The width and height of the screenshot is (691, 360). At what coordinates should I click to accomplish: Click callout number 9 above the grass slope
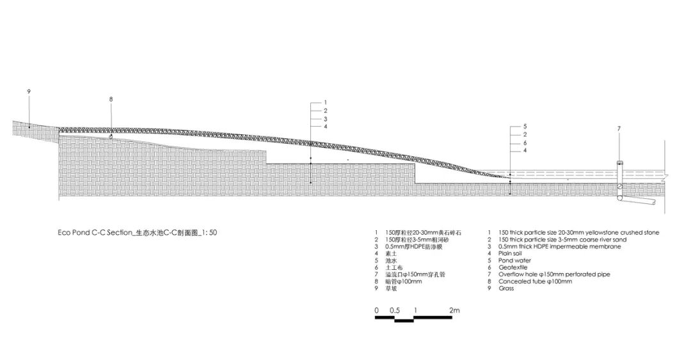point(29,92)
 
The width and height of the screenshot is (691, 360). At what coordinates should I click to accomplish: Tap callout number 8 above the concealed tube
point(111,99)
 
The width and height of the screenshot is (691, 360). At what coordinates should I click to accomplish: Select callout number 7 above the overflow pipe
point(619,129)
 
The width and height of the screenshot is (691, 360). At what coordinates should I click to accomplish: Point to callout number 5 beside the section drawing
point(525,127)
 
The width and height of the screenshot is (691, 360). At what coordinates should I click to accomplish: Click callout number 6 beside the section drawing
point(525,143)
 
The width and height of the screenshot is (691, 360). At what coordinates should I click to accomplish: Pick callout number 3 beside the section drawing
point(325,118)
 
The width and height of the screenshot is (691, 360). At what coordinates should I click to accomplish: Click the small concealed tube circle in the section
point(111,137)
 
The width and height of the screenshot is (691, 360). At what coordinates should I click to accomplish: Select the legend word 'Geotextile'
point(515,267)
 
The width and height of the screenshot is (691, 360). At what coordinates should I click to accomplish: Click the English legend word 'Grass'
point(507,288)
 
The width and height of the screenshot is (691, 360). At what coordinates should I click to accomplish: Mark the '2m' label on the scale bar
point(455,310)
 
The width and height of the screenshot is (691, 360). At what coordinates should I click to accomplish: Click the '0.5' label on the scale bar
point(395,310)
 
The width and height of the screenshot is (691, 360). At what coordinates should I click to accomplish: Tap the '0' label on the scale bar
point(377,310)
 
